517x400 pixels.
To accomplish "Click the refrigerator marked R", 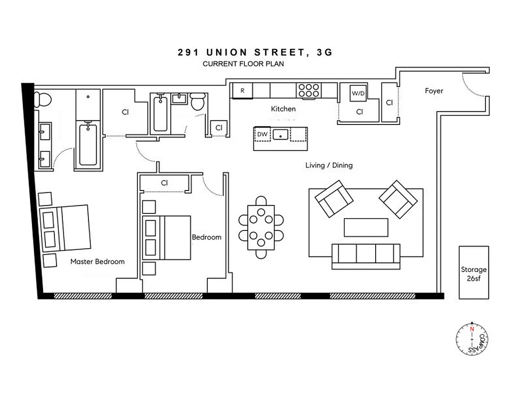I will click(242, 91).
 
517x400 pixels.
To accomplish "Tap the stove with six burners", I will click(309, 90).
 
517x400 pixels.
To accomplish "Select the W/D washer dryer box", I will click(358, 93).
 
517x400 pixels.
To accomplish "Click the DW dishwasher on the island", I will click(262, 134).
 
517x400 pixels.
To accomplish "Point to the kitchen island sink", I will click(282, 134).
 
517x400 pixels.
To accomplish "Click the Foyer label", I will click(434, 91).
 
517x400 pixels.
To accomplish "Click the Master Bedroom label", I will click(97, 261).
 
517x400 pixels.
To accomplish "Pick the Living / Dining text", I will click(329, 165).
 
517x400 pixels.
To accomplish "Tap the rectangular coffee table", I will click(366, 227).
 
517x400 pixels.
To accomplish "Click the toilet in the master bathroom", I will click(43, 98).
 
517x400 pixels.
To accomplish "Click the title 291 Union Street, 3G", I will click(255, 52).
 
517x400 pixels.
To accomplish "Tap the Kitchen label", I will click(283, 109).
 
